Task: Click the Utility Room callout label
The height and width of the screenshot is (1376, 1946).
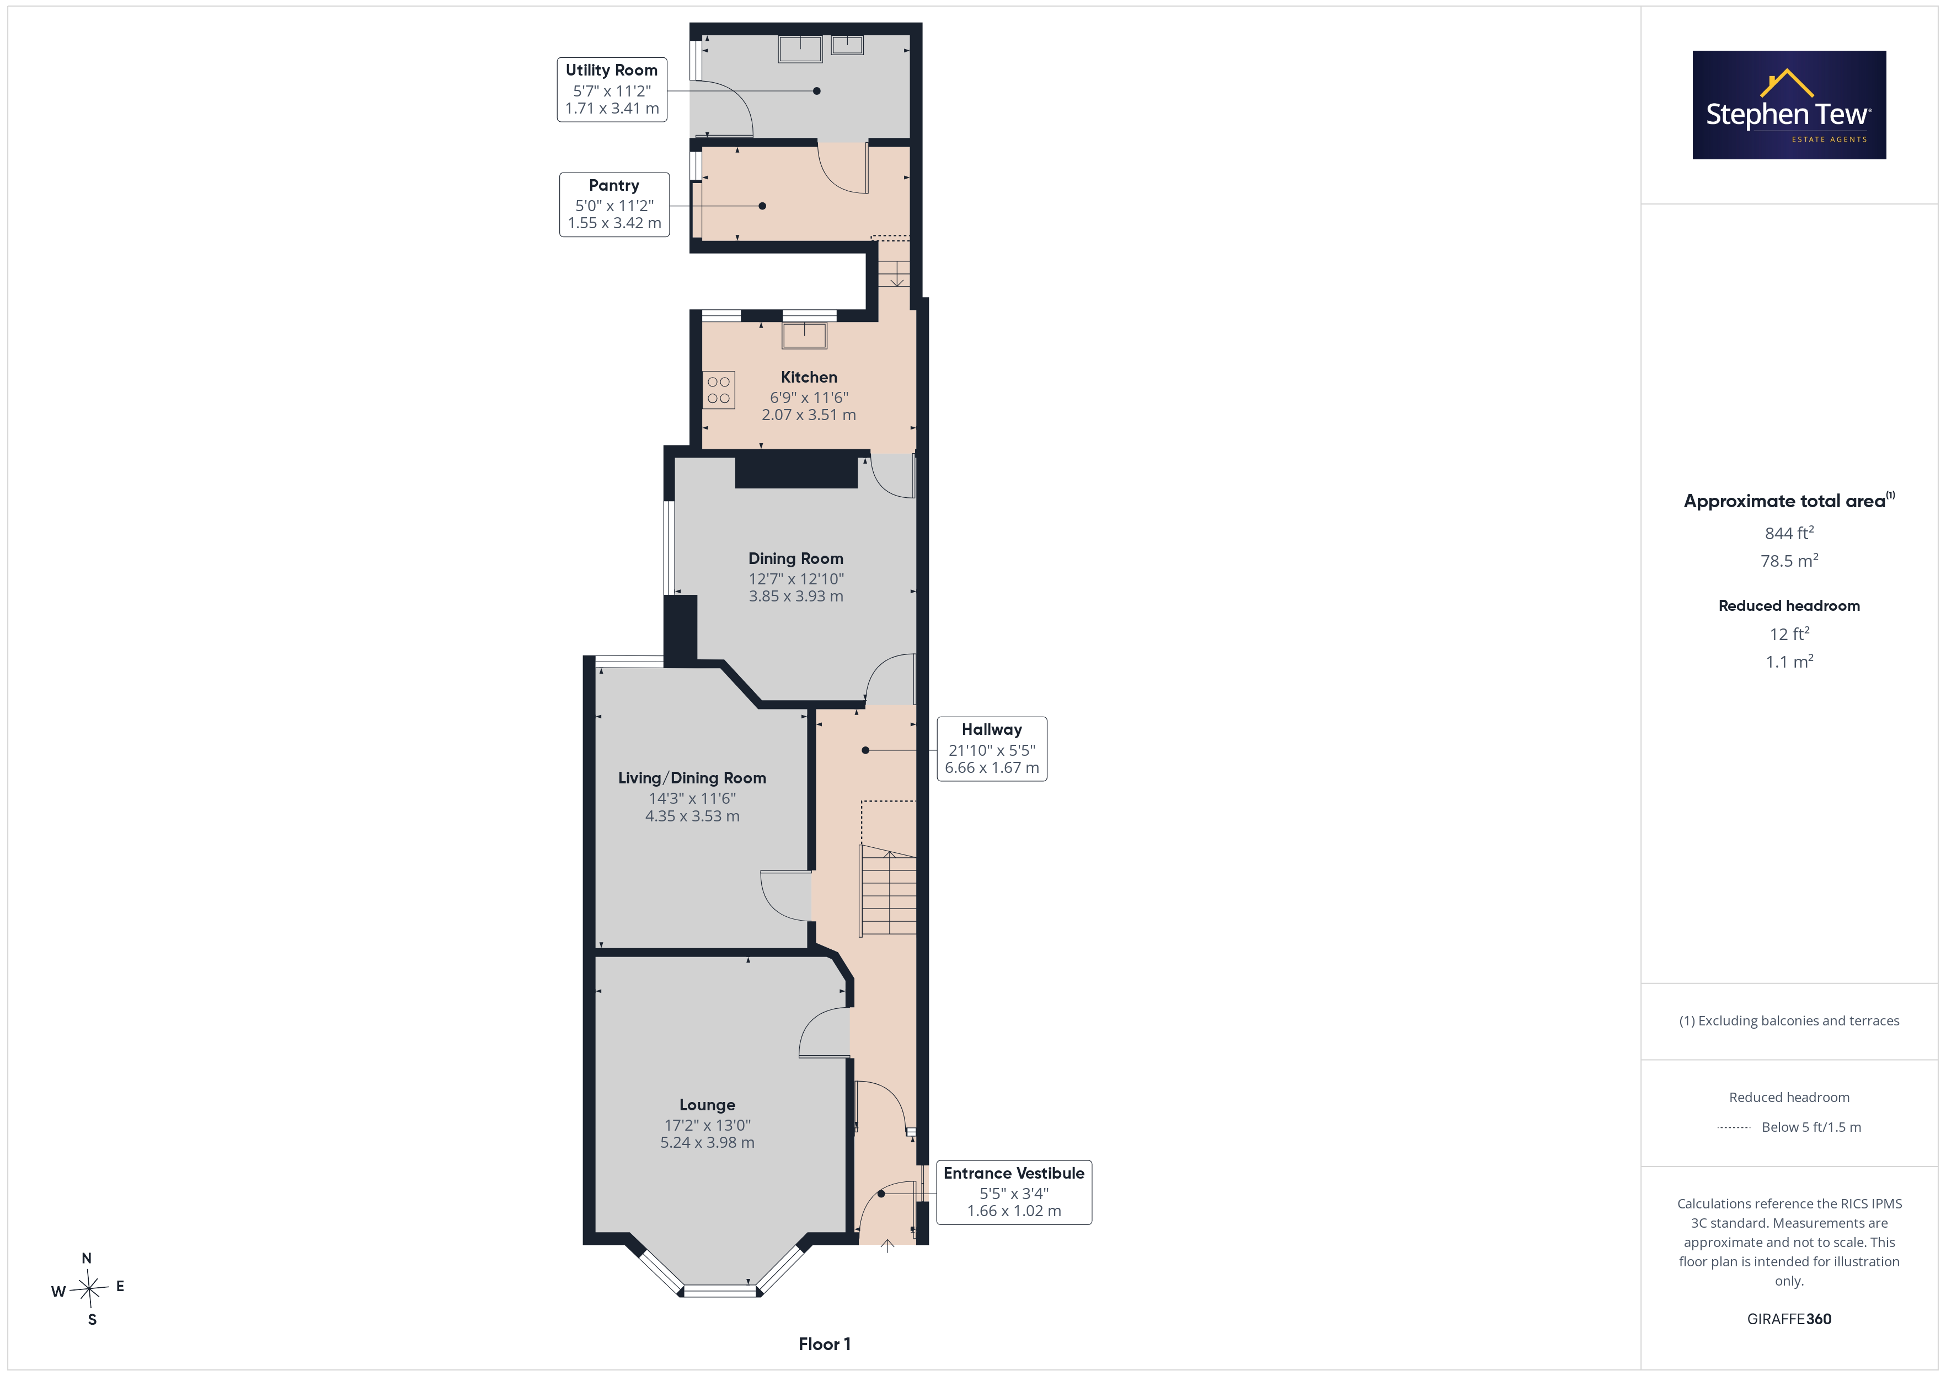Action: point(611,89)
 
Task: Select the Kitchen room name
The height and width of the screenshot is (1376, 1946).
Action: point(809,377)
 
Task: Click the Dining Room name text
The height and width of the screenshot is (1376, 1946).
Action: point(796,558)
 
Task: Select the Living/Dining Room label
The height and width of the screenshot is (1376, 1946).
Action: point(692,778)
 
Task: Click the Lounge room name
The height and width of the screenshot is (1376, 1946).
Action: point(707,1105)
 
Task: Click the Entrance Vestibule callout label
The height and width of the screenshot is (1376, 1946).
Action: point(1014,1192)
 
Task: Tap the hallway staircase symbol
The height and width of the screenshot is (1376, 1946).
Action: point(888,890)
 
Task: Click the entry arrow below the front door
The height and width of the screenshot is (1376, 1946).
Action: point(888,1245)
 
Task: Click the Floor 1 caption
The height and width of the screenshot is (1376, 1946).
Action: point(824,1344)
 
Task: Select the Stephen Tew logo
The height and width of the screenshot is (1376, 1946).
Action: point(1789,105)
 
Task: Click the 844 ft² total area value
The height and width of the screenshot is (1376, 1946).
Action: point(1789,533)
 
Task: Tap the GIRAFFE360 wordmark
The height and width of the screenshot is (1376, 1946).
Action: point(1789,1318)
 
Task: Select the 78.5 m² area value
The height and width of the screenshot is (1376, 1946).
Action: point(1789,561)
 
